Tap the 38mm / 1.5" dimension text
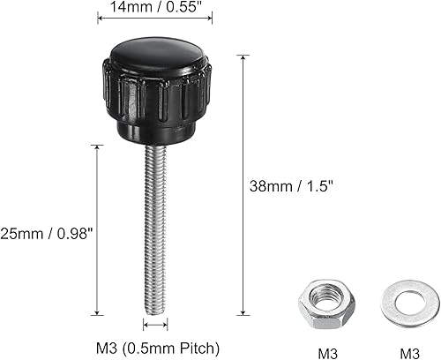(293, 187)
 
